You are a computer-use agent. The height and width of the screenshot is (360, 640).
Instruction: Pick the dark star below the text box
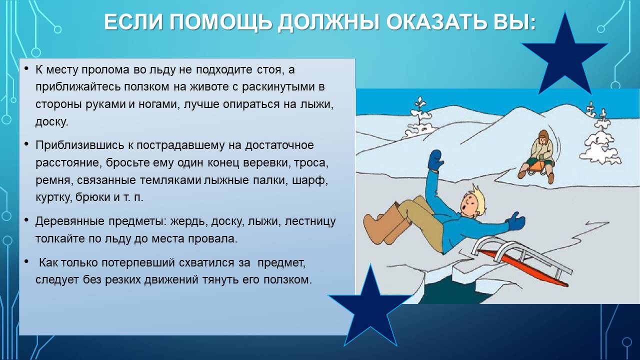tap(370, 307)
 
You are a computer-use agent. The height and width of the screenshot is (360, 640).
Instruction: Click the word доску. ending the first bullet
tap(51, 122)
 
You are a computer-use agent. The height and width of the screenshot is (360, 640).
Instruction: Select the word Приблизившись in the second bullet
tap(79, 145)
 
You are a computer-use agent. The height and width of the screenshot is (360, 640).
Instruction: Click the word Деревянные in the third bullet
tap(69, 221)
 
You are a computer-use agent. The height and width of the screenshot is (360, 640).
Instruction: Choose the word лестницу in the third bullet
tap(310, 221)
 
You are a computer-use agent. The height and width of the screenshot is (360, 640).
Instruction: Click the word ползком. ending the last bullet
tap(287, 280)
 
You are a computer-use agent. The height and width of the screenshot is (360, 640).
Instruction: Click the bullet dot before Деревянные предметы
tap(26, 220)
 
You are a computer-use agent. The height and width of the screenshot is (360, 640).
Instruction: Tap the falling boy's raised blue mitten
tap(435, 160)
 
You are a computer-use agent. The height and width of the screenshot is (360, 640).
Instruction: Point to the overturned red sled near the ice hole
tap(520, 263)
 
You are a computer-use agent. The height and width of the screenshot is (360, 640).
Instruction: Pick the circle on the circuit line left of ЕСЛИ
tap(57, 29)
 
